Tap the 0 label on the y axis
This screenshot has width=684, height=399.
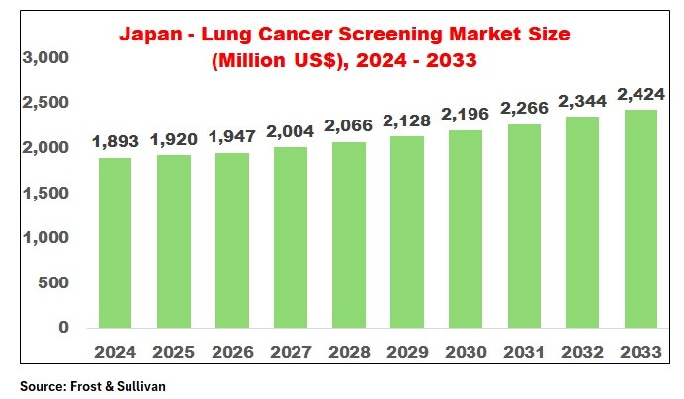tap(63, 328)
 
